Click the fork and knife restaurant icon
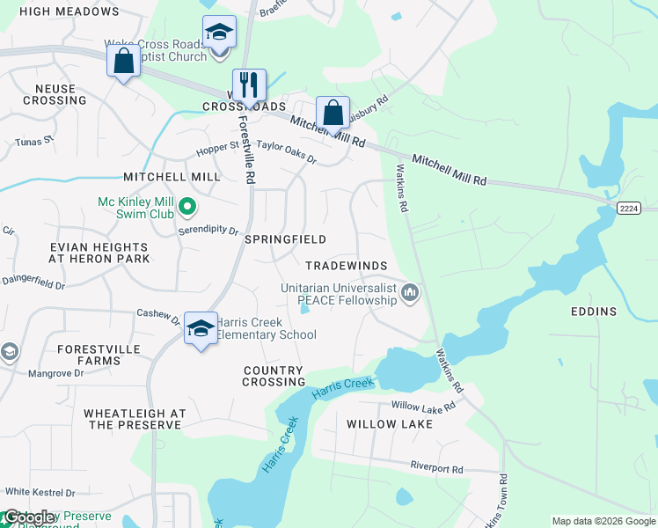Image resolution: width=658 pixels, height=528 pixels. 249,85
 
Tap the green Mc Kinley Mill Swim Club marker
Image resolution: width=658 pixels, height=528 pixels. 186,209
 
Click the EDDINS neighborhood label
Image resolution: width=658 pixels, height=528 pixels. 593,312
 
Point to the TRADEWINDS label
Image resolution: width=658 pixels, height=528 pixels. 346,266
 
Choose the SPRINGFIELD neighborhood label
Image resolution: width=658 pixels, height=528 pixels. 285,239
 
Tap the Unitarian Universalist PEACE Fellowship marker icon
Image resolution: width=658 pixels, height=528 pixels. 410,292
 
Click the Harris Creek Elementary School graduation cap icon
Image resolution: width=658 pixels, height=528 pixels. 201,330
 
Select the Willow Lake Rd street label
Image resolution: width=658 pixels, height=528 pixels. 423,407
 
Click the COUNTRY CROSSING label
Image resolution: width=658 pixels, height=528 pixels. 274,377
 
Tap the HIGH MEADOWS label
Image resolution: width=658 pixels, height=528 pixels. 69,11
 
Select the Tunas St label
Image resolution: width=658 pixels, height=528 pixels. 34,140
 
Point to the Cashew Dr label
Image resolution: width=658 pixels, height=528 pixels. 158,314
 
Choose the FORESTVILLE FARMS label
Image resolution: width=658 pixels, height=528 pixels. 89,355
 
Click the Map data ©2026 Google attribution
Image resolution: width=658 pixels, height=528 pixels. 603,521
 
